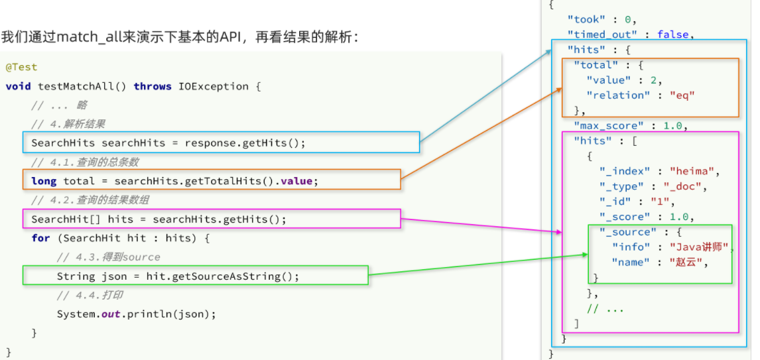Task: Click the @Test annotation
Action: click(21, 68)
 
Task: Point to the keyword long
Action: click(44, 181)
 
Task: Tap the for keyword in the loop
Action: click(40, 239)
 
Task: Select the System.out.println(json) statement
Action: click(136, 314)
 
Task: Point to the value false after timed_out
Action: click(672, 34)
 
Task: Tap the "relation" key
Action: click(618, 95)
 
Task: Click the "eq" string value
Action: click(682, 95)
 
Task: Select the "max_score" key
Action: click(609, 126)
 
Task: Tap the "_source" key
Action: click(627, 232)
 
